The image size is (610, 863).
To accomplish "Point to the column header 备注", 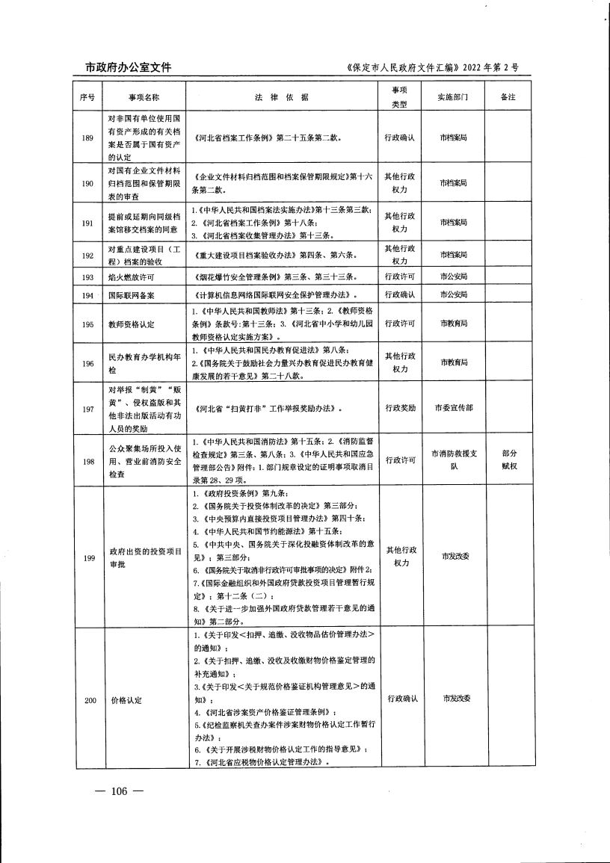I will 511,98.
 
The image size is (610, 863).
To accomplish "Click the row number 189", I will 88,138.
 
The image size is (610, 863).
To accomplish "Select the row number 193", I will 88,277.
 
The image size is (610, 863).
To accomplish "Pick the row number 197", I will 88,409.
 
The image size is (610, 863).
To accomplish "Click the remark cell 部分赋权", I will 511,460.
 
